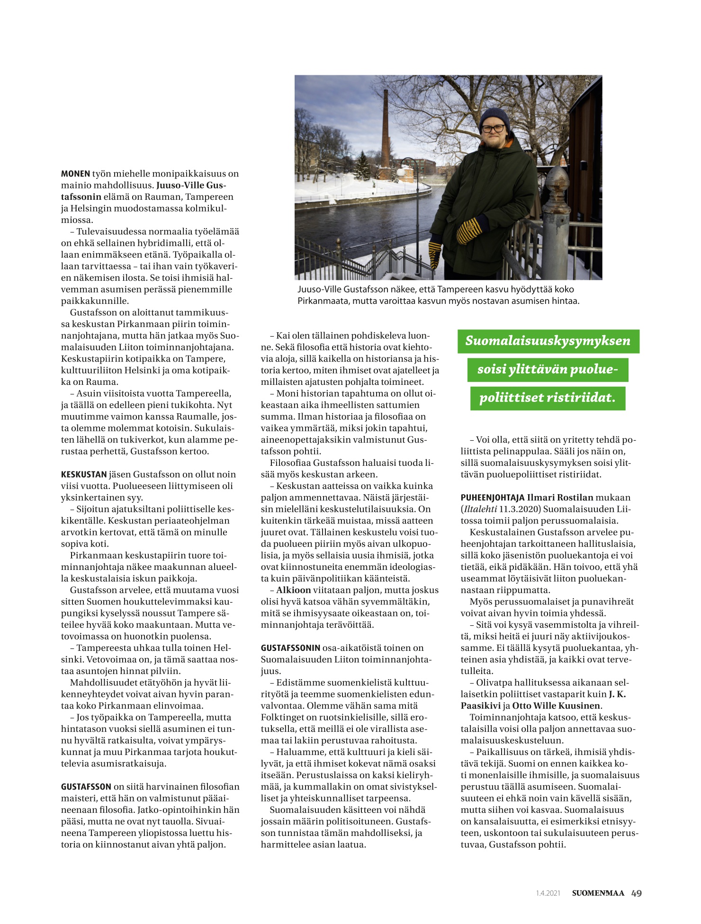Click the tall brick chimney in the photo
pyautogui.click(x=386, y=133)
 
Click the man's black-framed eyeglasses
pyautogui.click(x=494, y=128)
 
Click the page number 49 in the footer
pyautogui.click(x=637, y=893)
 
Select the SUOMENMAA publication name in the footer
pyautogui.click(x=598, y=893)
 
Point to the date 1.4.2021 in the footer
pyautogui.click(x=548, y=893)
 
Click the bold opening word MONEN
pyautogui.click(x=75, y=174)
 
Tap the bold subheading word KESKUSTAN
pyautogui.click(x=84, y=474)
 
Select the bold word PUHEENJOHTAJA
pyautogui.click(x=493, y=498)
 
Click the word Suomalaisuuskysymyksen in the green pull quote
pyautogui.click(x=548, y=341)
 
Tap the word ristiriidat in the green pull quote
pyautogui.click(x=581, y=398)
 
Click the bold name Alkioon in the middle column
pyautogui.click(x=294, y=590)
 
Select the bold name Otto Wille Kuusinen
pyautogui.click(x=557, y=706)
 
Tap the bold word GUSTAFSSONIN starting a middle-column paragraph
pyautogui.click(x=290, y=648)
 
